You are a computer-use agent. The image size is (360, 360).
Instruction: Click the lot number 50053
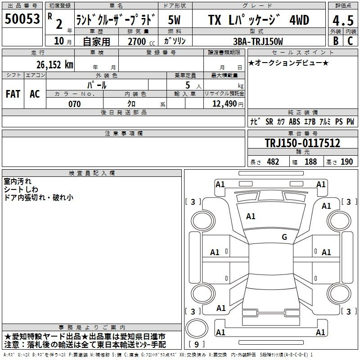22,19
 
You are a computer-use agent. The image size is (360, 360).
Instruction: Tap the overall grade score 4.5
343,20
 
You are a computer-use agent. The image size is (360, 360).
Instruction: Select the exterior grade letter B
336,41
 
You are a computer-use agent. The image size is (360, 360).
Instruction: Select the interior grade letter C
350,41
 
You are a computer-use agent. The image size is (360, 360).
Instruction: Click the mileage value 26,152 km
54,65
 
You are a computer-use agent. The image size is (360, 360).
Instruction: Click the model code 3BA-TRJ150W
258,41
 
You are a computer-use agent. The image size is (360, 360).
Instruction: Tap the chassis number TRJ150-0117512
302,143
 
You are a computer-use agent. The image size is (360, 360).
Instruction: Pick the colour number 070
75,104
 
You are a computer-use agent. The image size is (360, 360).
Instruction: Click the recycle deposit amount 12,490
225,104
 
